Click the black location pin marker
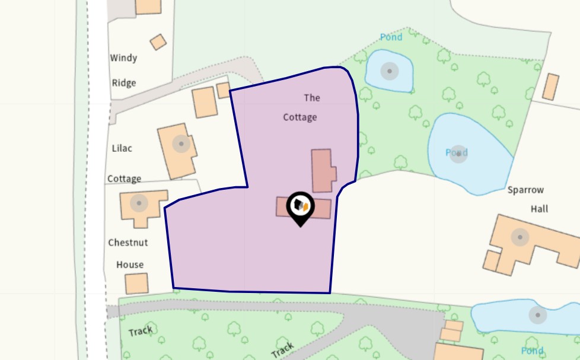click(x=300, y=207)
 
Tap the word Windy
click(x=123, y=58)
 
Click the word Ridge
click(x=124, y=83)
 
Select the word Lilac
click(x=122, y=148)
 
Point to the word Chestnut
click(x=128, y=243)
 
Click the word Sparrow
click(x=525, y=190)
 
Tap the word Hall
click(x=539, y=209)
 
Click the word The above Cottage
click(x=312, y=97)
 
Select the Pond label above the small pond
click(x=391, y=37)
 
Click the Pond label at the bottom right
click(x=532, y=351)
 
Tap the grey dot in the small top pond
click(x=389, y=72)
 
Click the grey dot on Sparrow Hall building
click(x=520, y=237)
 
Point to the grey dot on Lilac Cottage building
click(x=181, y=144)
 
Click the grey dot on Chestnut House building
click(x=139, y=203)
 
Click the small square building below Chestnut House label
click(x=136, y=283)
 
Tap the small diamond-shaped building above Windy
click(x=158, y=42)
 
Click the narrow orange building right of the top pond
click(x=551, y=87)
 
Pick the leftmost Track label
click(x=140, y=331)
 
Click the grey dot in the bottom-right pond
click(x=538, y=315)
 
